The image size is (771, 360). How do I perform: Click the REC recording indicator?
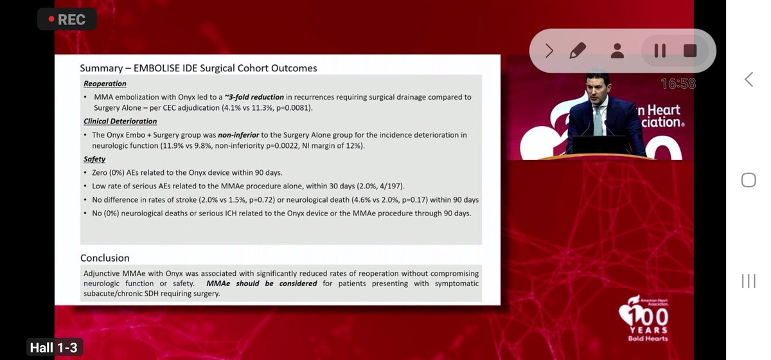point(67,19)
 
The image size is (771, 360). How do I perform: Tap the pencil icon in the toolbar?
point(578,51)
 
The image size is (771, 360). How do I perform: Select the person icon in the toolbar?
point(617,51)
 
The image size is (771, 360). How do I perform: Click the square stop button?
point(690,51)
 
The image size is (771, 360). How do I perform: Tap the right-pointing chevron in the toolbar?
point(549,51)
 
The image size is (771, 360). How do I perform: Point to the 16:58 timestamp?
point(678,84)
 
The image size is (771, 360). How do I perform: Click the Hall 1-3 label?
point(53,348)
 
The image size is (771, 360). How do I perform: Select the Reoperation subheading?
point(105,84)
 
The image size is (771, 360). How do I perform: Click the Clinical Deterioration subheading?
point(120,121)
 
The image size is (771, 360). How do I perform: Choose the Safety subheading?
point(94,159)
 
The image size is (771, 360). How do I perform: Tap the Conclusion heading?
point(105,258)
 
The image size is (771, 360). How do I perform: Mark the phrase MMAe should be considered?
point(261,283)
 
